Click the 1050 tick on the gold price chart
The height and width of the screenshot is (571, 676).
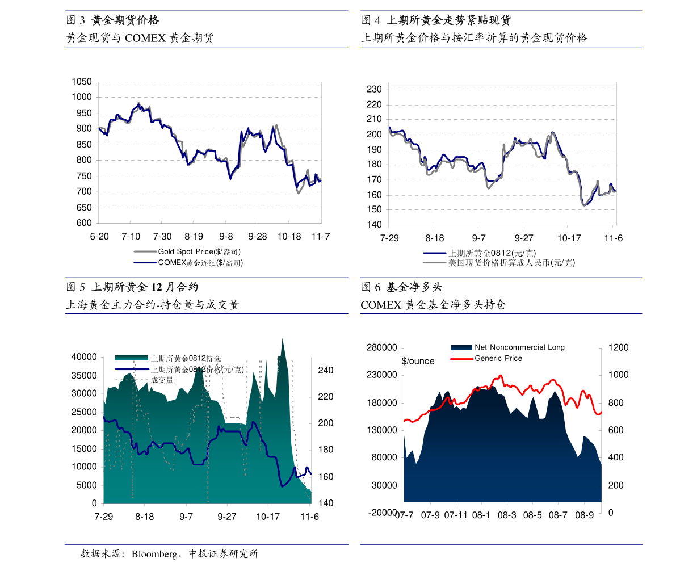[82, 82]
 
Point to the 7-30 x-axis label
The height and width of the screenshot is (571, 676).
[162, 236]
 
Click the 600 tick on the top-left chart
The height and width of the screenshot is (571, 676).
[82, 223]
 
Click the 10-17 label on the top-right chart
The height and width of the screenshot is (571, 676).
[569, 238]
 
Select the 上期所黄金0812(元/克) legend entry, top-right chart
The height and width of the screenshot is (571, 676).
[492, 253]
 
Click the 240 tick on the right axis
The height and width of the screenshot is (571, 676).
[325, 371]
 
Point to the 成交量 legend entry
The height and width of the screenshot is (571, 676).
[162, 380]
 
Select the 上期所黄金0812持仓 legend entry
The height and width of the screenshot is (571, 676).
[186, 358]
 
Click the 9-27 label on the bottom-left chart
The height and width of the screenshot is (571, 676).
[227, 517]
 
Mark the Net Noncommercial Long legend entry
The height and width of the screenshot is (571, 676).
[519, 347]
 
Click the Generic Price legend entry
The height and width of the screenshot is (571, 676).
[498, 358]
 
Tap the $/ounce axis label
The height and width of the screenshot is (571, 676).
[418, 361]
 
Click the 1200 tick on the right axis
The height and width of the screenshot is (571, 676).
[618, 347]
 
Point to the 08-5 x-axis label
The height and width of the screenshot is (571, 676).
[532, 515]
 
